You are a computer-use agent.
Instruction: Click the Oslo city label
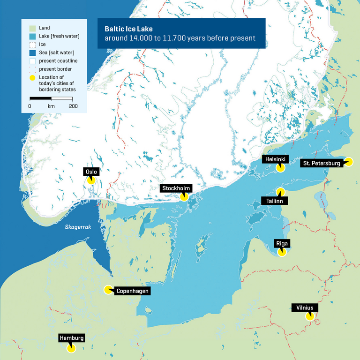click(x=91, y=172)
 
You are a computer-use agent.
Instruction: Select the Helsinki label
click(x=276, y=159)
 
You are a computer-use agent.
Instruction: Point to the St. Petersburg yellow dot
click(x=348, y=162)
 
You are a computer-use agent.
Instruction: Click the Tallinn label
click(x=274, y=201)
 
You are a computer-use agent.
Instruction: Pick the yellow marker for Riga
click(x=282, y=252)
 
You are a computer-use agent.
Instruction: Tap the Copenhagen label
click(x=133, y=291)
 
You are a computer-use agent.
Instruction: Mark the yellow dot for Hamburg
click(x=71, y=348)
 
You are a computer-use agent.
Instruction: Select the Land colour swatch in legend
click(x=32, y=28)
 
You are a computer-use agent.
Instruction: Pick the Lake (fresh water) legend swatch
click(x=32, y=36)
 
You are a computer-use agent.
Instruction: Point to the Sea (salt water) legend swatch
click(x=32, y=52)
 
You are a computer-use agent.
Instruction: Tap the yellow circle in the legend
click(x=32, y=77)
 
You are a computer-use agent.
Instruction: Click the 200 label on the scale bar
click(x=73, y=106)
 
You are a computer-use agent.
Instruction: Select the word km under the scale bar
click(x=51, y=106)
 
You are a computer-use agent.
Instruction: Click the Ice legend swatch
click(x=32, y=45)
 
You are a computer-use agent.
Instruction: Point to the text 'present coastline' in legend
click(x=59, y=61)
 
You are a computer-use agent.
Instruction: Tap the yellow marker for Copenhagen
click(x=108, y=289)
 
